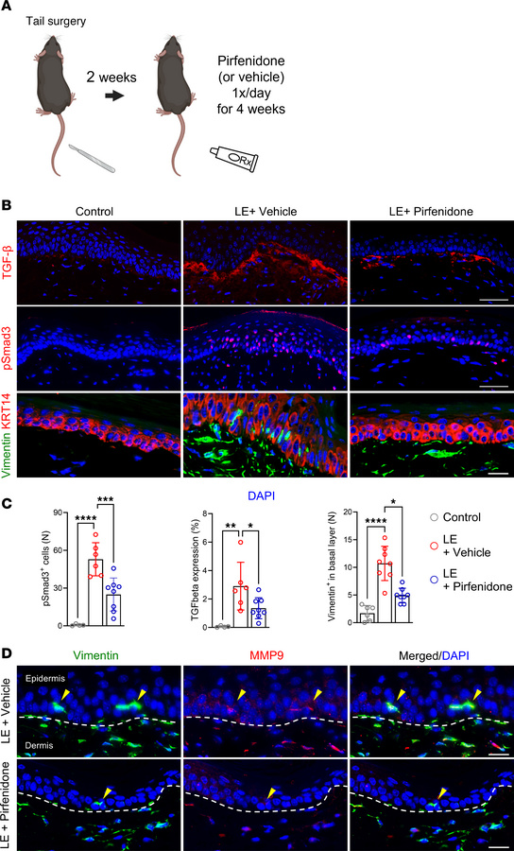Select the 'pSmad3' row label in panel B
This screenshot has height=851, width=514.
pyautogui.click(x=9, y=342)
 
